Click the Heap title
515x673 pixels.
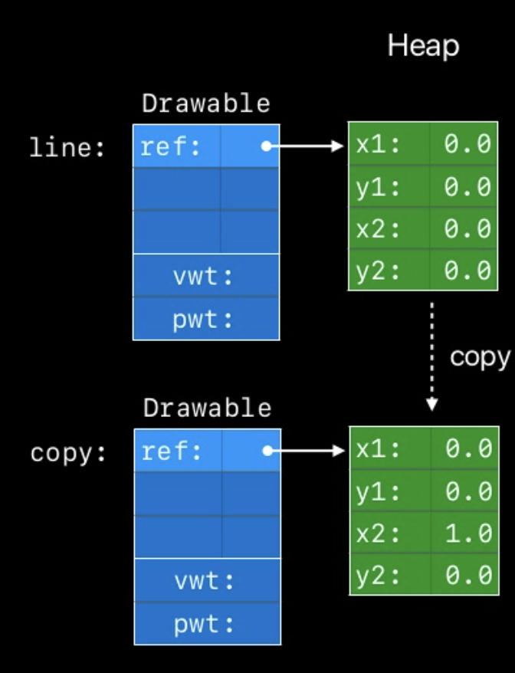[423, 46]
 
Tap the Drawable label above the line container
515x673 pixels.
[206, 103]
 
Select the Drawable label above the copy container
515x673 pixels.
[207, 408]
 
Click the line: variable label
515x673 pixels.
[67, 147]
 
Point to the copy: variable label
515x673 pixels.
[68, 453]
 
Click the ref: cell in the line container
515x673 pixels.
[171, 146]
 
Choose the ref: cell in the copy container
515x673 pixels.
[172, 451]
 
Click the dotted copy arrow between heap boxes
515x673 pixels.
[431, 356]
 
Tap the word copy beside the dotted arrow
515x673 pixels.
[480, 357]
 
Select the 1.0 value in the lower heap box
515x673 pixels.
[467, 533]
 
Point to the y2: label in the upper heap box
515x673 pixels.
[378, 269]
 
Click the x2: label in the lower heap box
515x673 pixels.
[379, 533]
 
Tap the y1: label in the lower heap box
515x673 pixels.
[379, 491]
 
